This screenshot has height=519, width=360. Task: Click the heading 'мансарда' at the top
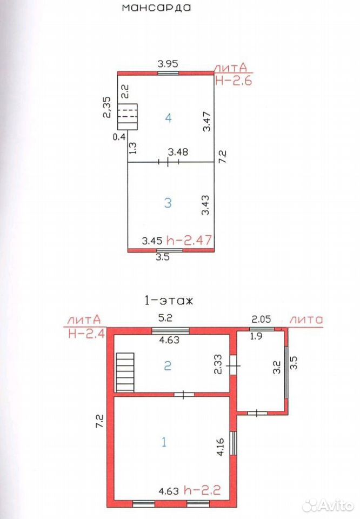(x=157, y=8)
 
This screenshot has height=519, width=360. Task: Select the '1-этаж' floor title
(x=168, y=301)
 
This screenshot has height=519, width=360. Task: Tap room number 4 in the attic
(x=169, y=118)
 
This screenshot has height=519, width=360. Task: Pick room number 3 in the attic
(x=168, y=203)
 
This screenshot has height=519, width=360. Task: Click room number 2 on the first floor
(x=168, y=366)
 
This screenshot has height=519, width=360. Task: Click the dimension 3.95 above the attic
(x=168, y=63)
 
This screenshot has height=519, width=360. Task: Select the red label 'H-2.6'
(x=234, y=80)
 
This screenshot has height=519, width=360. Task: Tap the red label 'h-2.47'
(x=189, y=239)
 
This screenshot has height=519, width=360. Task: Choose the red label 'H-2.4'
(x=86, y=332)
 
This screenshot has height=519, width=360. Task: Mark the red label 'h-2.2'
(x=202, y=490)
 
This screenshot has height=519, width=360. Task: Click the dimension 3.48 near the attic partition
(x=178, y=151)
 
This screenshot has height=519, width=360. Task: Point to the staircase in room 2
(x=125, y=372)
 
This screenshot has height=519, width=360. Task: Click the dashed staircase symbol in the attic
(x=128, y=117)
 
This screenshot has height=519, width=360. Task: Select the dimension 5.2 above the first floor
(x=165, y=318)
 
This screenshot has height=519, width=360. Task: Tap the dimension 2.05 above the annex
(x=262, y=319)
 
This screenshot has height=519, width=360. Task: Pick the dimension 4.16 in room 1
(x=221, y=447)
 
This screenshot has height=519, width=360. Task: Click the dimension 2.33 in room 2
(x=219, y=364)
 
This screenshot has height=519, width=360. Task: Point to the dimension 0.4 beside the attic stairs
(x=119, y=136)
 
